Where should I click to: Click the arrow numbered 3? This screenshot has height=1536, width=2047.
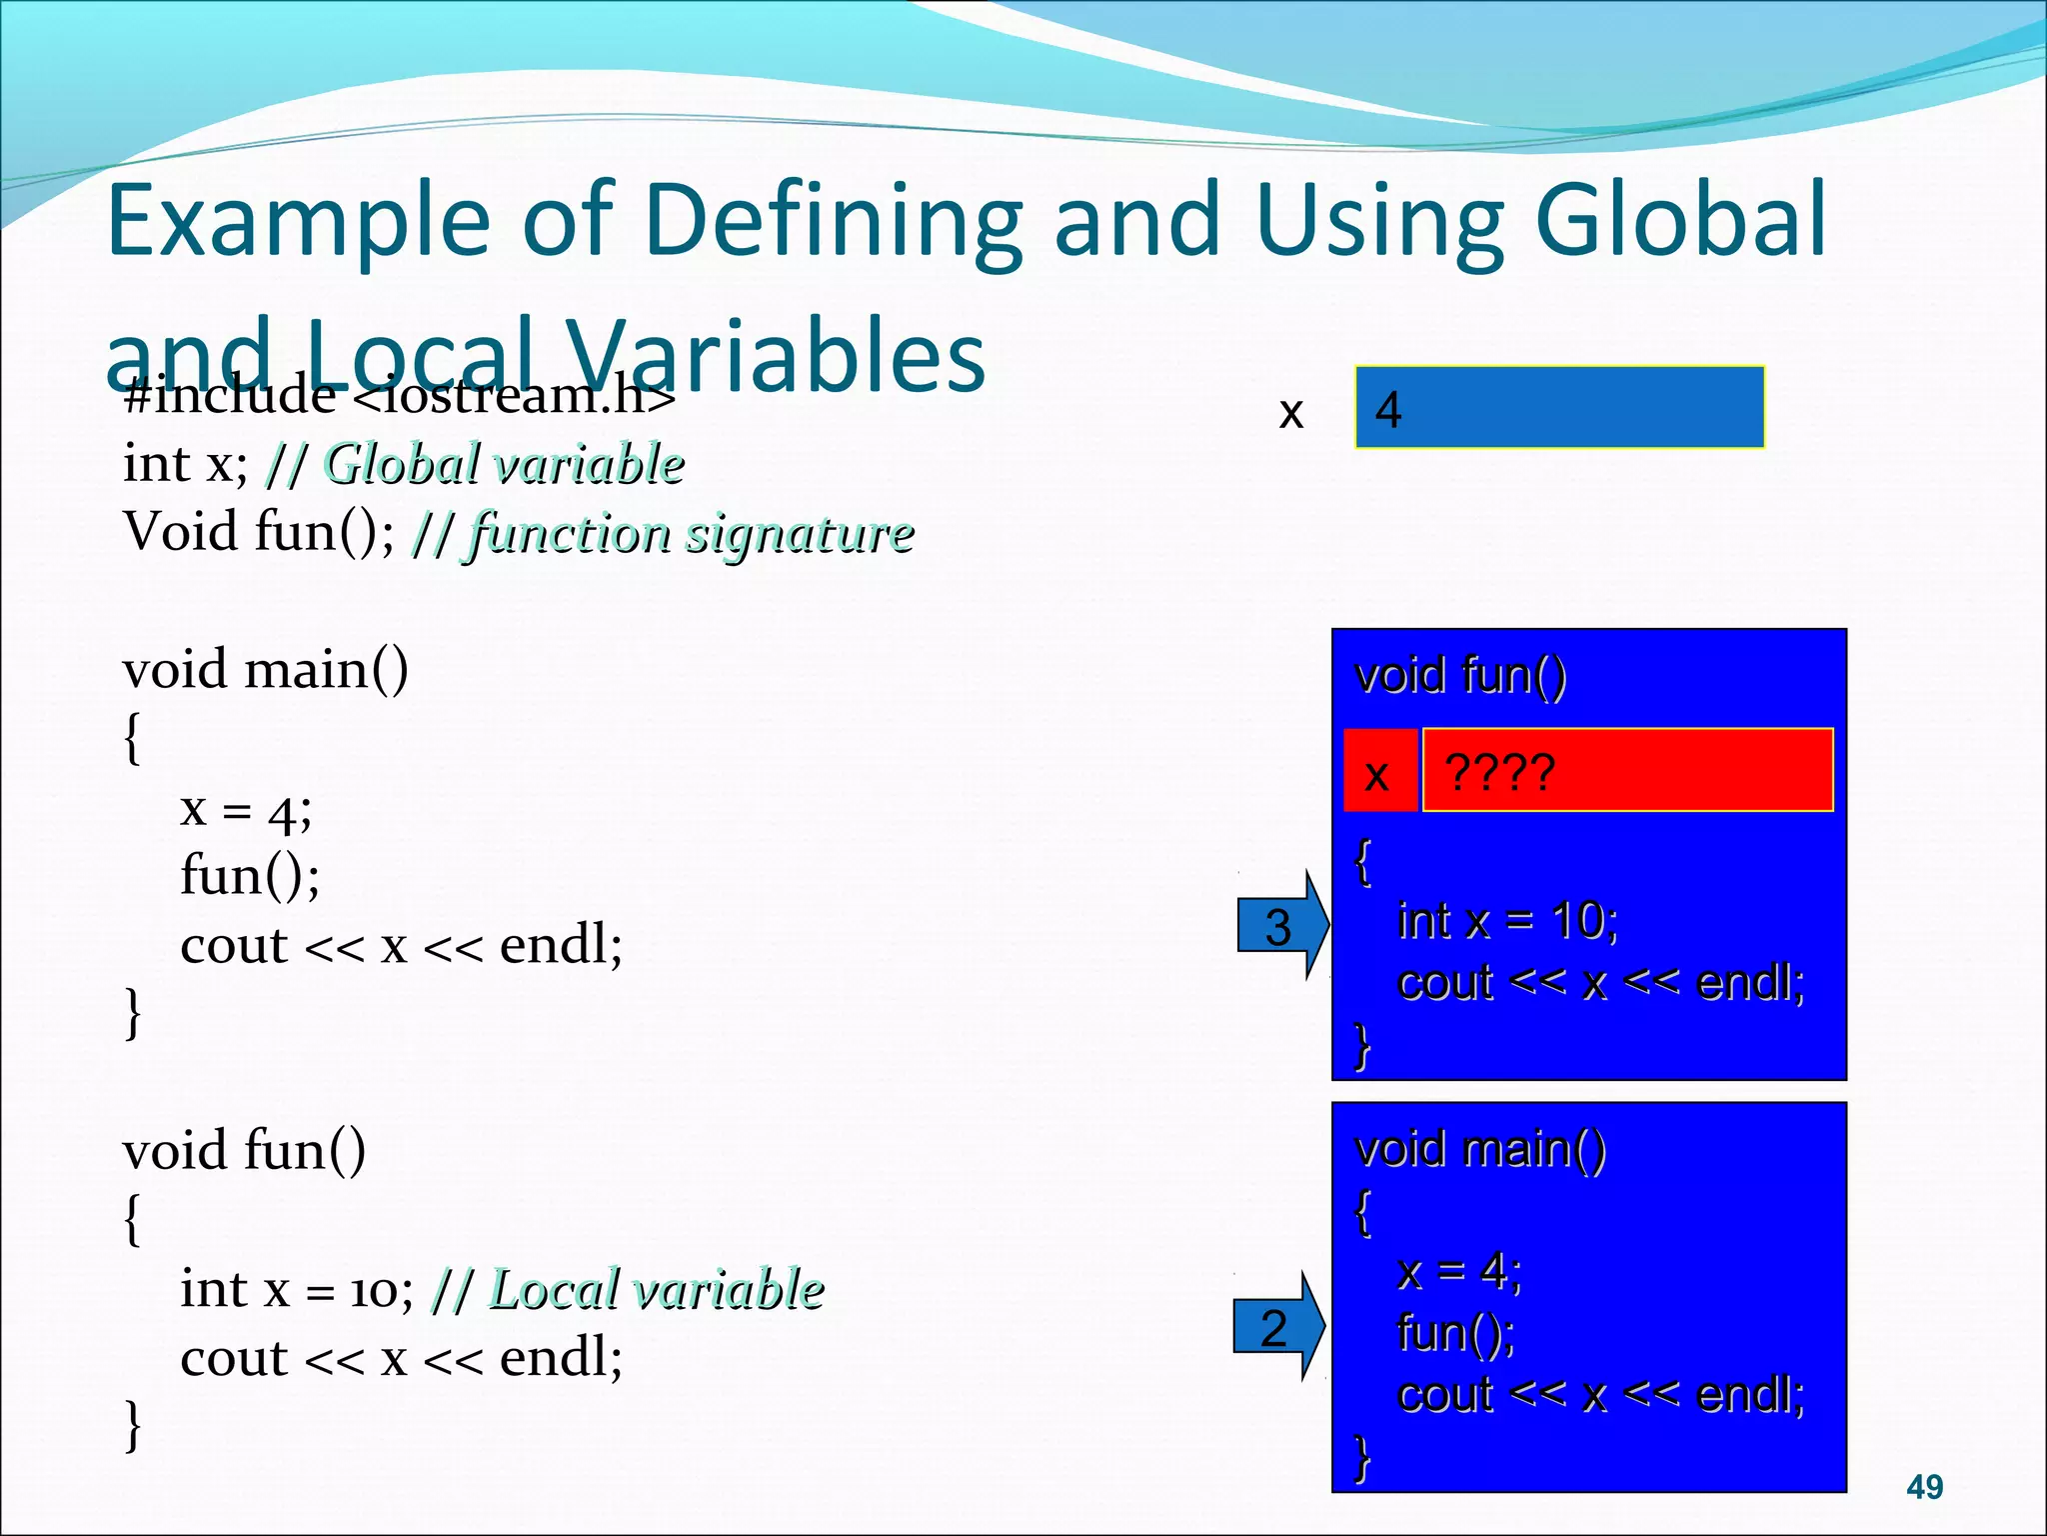tap(1280, 925)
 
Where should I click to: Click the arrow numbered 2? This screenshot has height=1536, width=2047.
tap(1276, 1327)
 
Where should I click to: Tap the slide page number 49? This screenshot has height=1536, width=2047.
tap(1924, 1487)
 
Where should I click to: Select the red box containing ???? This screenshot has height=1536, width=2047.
tap(1626, 770)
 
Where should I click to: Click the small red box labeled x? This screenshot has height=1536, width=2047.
tap(1378, 772)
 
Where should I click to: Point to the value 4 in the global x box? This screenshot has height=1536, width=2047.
tap(1388, 409)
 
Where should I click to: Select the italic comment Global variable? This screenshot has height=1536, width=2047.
tap(504, 464)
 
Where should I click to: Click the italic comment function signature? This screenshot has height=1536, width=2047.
tap(690, 532)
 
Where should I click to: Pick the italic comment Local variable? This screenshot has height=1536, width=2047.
tap(656, 1288)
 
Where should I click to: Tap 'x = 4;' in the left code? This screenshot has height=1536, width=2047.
tap(246, 808)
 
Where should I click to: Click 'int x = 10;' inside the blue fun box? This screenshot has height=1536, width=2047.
tap(1507, 920)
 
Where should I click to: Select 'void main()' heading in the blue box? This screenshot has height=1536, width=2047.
tap(1479, 1148)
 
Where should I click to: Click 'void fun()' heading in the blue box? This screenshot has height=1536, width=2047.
tap(1459, 675)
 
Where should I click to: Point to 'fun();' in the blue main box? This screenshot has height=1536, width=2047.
tap(1455, 1332)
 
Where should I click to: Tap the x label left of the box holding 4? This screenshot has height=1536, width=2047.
tap(1291, 411)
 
